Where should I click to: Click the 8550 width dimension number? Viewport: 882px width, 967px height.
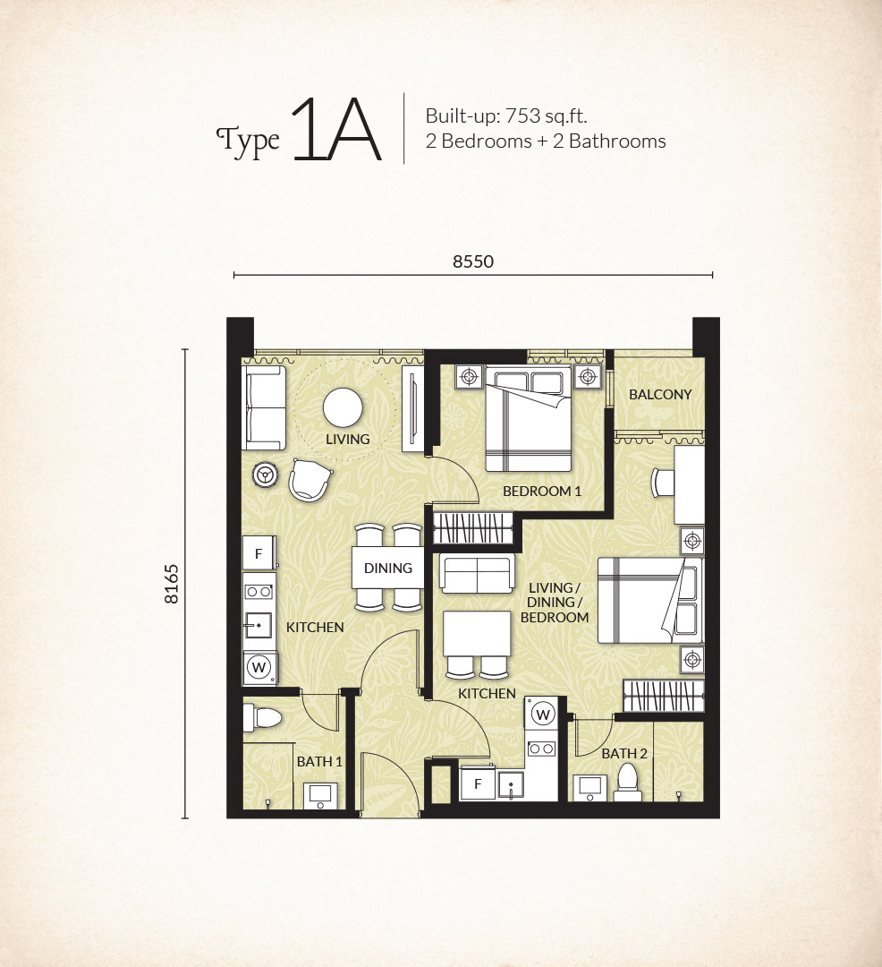coord(473,261)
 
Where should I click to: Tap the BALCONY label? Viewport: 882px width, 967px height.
coord(660,395)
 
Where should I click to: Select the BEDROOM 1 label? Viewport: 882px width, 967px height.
coord(542,492)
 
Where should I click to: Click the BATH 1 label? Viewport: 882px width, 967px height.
coord(319,762)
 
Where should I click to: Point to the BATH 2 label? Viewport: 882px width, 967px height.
coord(623,754)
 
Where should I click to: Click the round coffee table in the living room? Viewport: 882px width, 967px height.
coord(343,407)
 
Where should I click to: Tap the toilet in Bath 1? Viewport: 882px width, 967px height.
coord(262,718)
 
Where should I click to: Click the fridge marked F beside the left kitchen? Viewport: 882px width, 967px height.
coord(259,553)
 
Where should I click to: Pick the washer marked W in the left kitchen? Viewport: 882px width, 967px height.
coord(259,667)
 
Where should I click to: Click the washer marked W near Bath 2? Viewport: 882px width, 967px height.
coord(542,715)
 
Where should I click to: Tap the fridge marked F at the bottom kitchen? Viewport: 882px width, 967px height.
coord(478,783)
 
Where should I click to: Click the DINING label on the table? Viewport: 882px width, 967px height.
coord(388,568)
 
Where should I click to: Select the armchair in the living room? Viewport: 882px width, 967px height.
coord(310,481)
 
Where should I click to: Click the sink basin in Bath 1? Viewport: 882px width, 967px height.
coord(320,796)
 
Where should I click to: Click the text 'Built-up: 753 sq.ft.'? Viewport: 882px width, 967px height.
coord(506,116)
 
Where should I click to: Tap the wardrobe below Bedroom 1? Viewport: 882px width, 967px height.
coord(473,528)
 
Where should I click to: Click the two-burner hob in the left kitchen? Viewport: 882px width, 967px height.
coord(259,592)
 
